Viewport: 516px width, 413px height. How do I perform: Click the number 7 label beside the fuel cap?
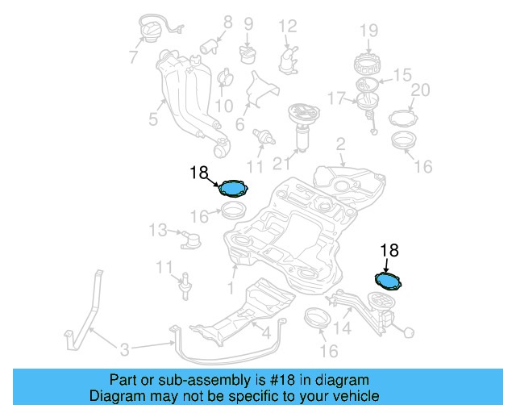click(133, 57)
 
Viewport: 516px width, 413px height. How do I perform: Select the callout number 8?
click(227, 23)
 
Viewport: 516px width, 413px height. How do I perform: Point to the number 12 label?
click(288, 26)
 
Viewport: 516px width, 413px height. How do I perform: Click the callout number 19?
click(368, 31)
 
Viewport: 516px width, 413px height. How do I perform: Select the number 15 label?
click(402, 75)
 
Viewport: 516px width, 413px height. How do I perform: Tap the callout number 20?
click(420, 90)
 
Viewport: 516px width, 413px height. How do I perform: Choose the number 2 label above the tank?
click(340, 144)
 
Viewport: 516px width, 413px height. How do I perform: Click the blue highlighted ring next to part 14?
click(389, 281)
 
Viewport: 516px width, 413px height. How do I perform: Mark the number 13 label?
click(158, 231)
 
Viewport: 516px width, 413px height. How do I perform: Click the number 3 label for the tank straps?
click(123, 349)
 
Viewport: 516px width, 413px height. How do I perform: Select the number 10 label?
click(223, 106)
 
